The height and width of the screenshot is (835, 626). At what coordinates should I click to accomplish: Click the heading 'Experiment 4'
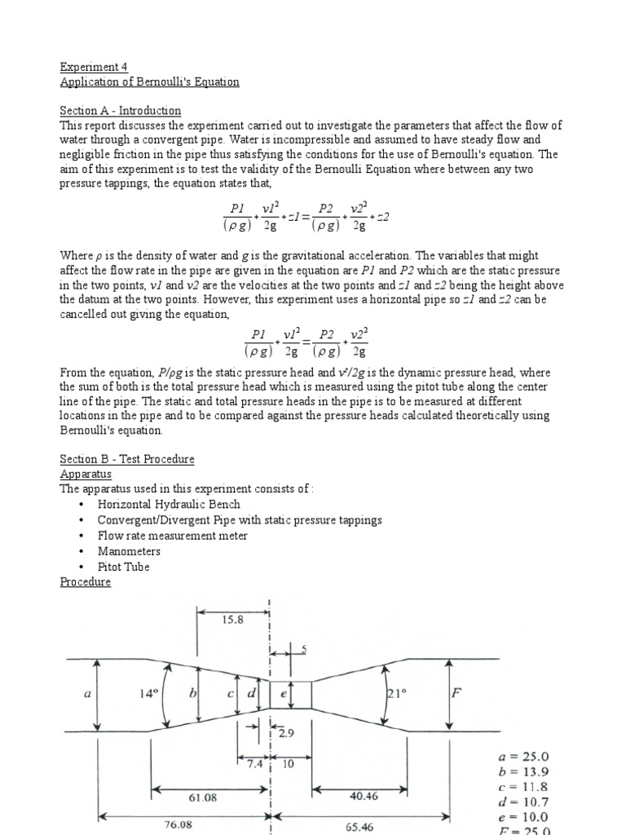coord(94,67)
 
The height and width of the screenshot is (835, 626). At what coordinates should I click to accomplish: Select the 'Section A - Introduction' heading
coord(121,110)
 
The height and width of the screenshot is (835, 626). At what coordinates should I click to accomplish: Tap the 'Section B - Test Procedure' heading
coord(127,458)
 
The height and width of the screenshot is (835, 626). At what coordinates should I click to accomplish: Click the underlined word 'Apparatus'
coord(86,474)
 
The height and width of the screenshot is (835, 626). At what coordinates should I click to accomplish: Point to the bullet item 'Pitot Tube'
coord(124,567)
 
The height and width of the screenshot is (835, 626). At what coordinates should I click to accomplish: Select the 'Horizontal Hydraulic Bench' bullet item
coord(169,505)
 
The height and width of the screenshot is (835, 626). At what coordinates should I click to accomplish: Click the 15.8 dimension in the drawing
coord(232,620)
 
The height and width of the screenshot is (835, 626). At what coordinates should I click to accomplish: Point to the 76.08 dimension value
coord(184,824)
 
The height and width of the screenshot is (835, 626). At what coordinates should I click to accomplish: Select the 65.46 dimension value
coord(359,826)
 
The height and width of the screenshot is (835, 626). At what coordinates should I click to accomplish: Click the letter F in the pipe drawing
coord(456,694)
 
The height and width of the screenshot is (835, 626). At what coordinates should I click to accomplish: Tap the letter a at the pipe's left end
coord(87,694)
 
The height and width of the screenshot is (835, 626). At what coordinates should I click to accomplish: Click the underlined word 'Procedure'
coord(86,582)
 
